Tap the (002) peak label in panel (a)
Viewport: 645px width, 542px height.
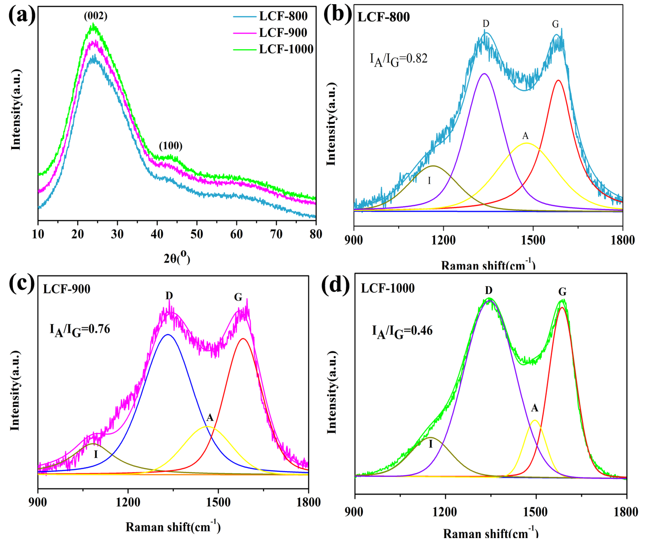(x=95, y=16)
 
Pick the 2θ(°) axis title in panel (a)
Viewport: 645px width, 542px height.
(x=177, y=258)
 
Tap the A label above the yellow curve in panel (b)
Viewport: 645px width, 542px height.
(x=525, y=135)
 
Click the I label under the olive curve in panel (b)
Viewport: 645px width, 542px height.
(x=429, y=181)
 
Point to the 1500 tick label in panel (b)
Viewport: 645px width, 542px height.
(x=533, y=240)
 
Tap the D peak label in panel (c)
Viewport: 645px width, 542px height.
(x=169, y=296)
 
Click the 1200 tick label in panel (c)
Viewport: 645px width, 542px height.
(x=128, y=502)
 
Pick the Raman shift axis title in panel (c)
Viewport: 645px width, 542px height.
(x=173, y=527)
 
